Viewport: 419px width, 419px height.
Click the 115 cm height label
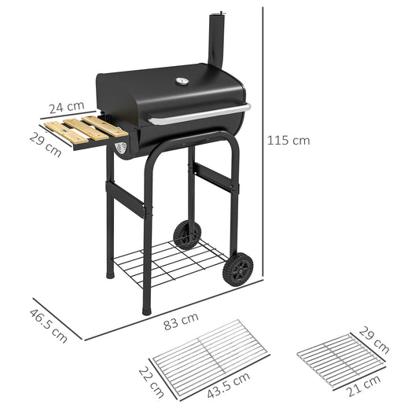pyautogui.click(x=289, y=141)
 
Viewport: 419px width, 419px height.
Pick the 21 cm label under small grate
pyautogui.click(x=365, y=389)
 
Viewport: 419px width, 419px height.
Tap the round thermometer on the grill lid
pyautogui.click(x=182, y=80)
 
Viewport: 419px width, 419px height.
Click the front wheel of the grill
pyautogui.click(x=237, y=270)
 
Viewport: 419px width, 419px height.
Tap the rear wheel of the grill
pyautogui.click(x=187, y=234)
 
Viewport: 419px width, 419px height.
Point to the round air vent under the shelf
pyautogui.click(x=120, y=148)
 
